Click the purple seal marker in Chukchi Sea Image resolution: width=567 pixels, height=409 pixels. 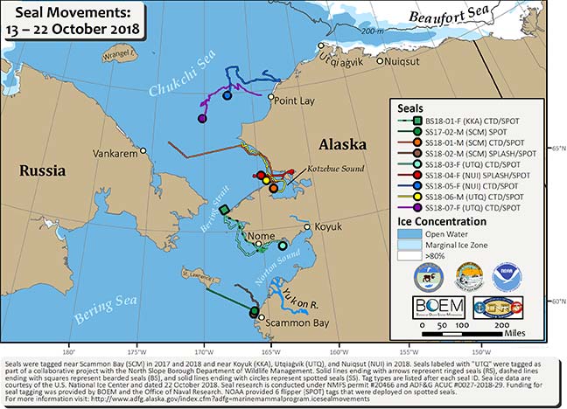[202, 118]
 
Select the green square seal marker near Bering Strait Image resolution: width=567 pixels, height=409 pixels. [224, 210]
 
